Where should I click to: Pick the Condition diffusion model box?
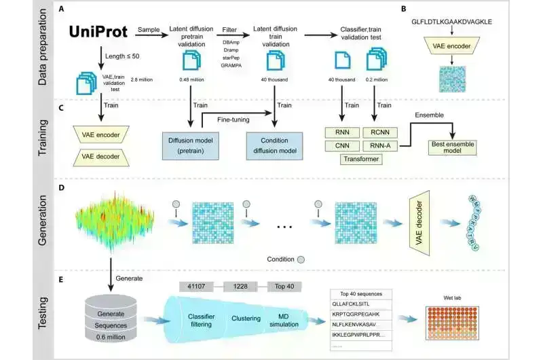[274, 146]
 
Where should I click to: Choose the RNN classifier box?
[342, 131]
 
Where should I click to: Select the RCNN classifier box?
[376, 131]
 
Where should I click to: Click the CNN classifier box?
[342, 145]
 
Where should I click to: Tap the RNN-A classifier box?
[376, 145]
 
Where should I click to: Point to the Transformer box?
[359, 160]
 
